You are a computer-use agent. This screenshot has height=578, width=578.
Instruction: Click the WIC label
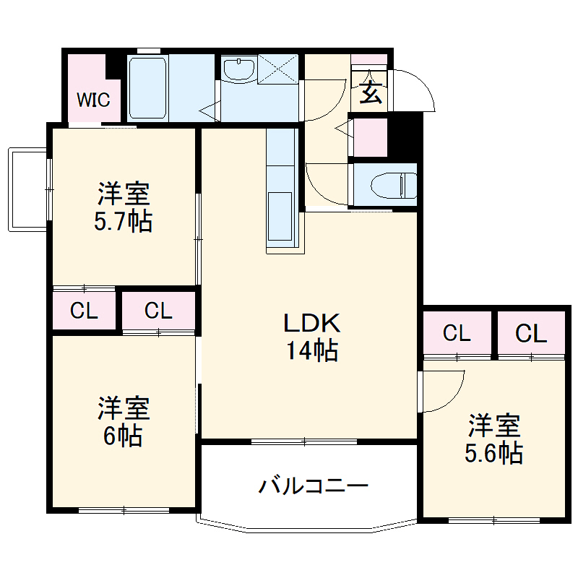click(94, 99)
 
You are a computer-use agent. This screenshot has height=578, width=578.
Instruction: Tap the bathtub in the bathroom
click(149, 88)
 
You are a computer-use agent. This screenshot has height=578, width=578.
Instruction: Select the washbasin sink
click(238, 70)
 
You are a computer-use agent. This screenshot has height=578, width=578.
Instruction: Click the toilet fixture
click(394, 186)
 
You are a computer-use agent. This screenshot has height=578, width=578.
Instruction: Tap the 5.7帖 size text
click(123, 221)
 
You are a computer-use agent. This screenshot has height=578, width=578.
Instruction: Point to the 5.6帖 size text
click(493, 452)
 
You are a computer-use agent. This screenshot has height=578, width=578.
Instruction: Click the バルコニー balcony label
click(314, 486)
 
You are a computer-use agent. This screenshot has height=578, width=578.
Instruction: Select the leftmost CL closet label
click(84, 311)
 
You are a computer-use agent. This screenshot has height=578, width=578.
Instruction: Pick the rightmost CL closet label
click(531, 334)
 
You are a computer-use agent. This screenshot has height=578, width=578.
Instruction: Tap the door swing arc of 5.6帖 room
click(452, 394)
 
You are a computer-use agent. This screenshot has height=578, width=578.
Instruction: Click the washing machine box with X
click(278, 70)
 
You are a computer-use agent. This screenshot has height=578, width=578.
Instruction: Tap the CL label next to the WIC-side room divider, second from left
click(158, 311)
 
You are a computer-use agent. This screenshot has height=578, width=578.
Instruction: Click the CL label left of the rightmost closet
click(457, 334)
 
